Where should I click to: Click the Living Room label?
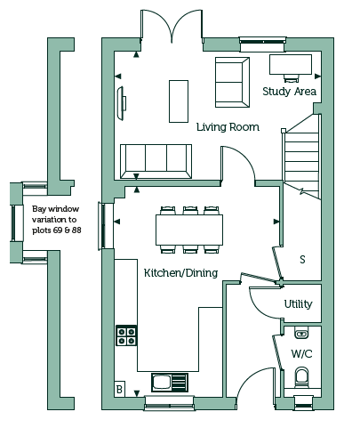228,127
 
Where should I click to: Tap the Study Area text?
290,92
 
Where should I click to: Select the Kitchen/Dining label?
180,273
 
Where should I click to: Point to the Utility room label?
298,304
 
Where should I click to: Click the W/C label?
301,354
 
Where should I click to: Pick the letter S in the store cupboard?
302,260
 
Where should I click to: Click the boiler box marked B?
119,389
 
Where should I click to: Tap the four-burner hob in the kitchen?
126,335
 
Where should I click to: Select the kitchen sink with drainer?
170,383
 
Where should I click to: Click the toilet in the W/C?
302,377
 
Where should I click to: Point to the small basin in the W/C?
302,333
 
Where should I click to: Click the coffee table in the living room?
179,101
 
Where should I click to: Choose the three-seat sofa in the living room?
156,161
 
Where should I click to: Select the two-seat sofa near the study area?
232,82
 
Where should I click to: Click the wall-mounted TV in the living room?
121,103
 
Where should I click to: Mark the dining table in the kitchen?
189,230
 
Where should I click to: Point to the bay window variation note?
56,220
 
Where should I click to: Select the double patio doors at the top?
172,27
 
